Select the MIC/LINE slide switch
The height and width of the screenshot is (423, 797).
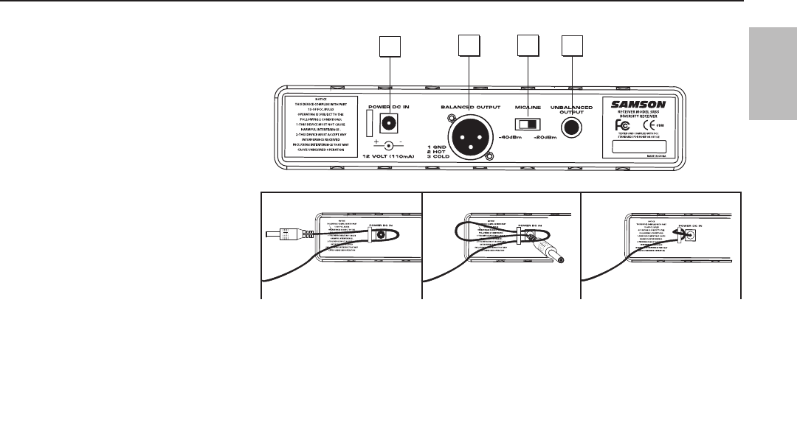tap(526, 126)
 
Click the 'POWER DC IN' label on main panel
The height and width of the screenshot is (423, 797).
tap(389, 108)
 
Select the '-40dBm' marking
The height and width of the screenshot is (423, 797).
tap(511, 137)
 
